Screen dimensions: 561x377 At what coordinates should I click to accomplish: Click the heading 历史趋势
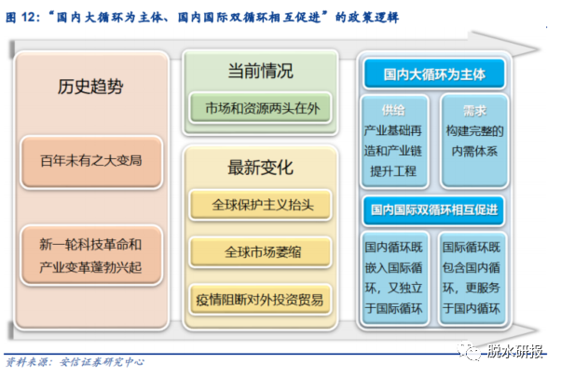[90, 87]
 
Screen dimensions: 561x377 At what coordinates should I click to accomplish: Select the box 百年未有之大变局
[91, 162]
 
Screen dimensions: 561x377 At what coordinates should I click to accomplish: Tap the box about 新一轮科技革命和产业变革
[91, 255]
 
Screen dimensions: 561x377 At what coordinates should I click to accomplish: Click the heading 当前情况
[261, 71]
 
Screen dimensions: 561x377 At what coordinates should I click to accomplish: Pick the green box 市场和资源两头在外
[260, 108]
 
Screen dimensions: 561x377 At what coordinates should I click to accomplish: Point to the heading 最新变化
[261, 168]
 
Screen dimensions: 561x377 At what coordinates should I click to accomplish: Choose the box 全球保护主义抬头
[260, 205]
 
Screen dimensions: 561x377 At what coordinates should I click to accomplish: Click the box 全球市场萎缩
[260, 252]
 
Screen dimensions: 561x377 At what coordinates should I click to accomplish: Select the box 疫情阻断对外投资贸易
[260, 300]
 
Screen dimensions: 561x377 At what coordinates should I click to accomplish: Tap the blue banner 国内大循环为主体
[434, 74]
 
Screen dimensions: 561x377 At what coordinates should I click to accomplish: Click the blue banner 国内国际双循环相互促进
[434, 210]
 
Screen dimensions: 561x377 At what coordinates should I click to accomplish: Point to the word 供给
[393, 111]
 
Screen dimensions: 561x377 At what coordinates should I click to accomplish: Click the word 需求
[474, 111]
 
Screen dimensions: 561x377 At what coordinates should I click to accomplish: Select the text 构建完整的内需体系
[474, 141]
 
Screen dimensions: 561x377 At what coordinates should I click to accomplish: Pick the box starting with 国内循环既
[394, 278]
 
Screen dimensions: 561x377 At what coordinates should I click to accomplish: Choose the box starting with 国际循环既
[472, 278]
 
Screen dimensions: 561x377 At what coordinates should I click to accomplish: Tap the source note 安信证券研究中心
[102, 362]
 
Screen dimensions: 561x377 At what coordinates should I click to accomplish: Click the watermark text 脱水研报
[514, 351]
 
